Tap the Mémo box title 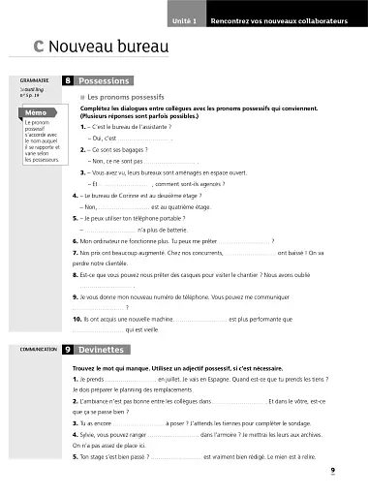(x=31, y=113)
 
